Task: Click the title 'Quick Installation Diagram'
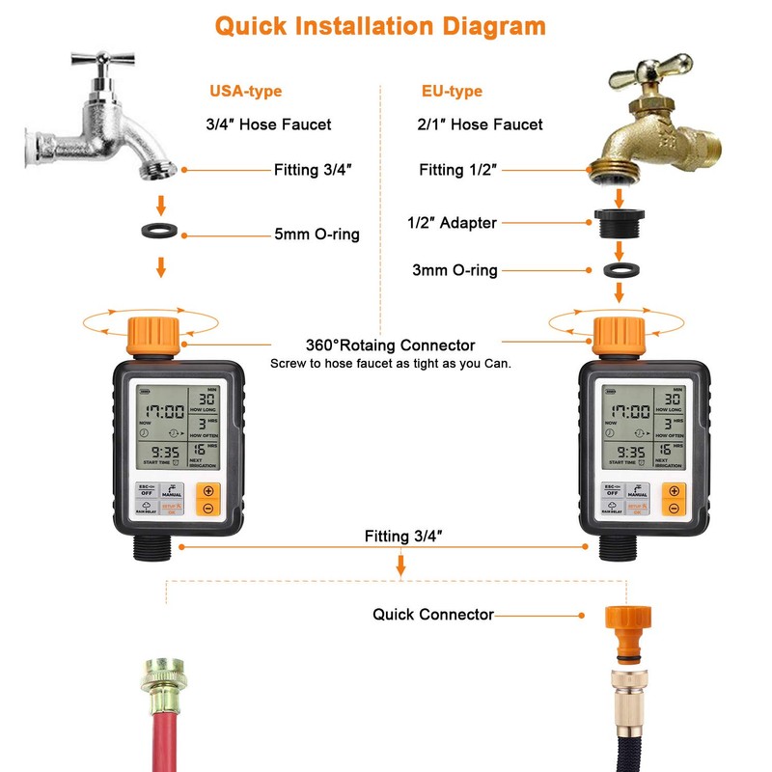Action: click(x=379, y=25)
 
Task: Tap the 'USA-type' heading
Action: click(x=245, y=92)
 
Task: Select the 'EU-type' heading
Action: click(x=452, y=92)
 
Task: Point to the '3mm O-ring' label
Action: click(x=455, y=270)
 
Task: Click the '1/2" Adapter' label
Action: click(x=452, y=223)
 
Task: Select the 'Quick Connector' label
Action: click(x=433, y=614)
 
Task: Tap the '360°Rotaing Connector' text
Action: click(x=390, y=345)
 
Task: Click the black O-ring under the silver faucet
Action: click(x=161, y=234)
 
